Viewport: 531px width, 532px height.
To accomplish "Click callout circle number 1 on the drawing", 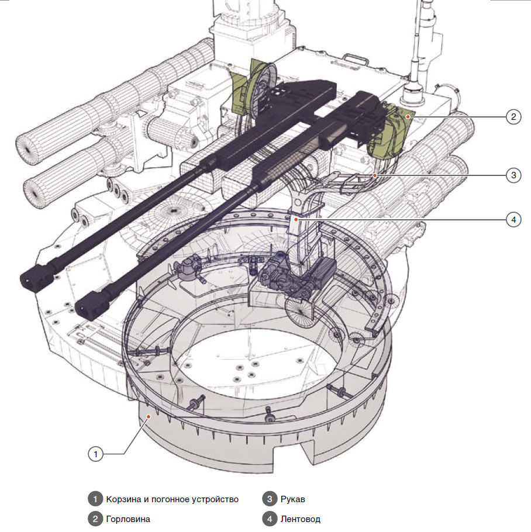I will pyautogui.click(x=95, y=453).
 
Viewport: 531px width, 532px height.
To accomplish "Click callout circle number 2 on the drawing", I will pyautogui.click(x=513, y=117).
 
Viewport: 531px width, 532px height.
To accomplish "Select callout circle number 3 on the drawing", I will pyautogui.click(x=513, y=175).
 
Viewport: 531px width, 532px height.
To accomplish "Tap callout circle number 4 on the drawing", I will pyautogui.click(x=513, y=220).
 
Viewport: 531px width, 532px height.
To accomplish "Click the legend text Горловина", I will pyautogui.click(x=128, y=519).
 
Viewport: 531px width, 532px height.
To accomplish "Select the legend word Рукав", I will pyautogui.click(x=293, y=499).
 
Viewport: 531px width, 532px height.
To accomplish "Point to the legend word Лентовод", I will pyautogui.click(x=301, y=519).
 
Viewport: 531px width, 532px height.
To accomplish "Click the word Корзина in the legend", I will pyautogui.click(x=123, y=499).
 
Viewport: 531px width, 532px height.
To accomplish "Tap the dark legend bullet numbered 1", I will pyautogui.click(x=94, y=499).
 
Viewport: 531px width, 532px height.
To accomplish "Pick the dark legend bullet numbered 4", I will pyautogui.click(x=269, y=519).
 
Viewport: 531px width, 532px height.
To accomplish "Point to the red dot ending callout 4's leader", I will pyautogui.click(x=296, y=220).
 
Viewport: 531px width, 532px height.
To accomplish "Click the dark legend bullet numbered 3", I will pyautogui.click(x=269, y=499).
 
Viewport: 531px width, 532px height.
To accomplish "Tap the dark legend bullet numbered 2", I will pyautogui.click(x=94, y=519).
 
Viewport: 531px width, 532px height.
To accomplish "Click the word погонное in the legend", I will pyautogui.click(x=169, y=499).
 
